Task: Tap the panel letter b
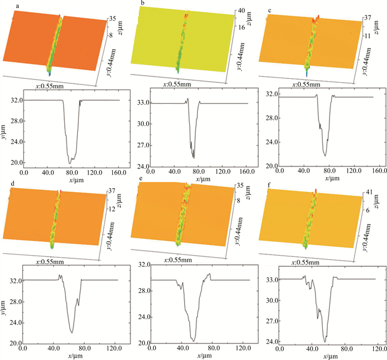point(143,4)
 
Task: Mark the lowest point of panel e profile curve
point(193,341)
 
